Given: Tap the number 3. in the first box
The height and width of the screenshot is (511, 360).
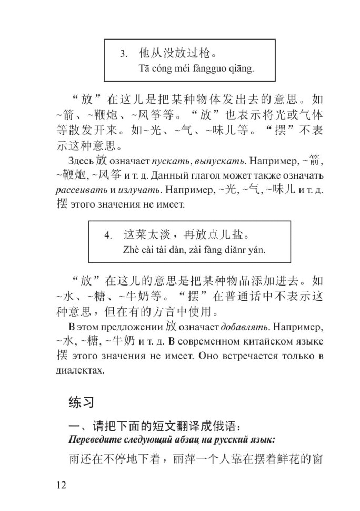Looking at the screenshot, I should [x=124, y=54].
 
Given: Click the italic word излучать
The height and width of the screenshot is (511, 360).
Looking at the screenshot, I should [x=142, y=189].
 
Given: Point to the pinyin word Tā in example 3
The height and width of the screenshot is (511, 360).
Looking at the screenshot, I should [x=144, y=68].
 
